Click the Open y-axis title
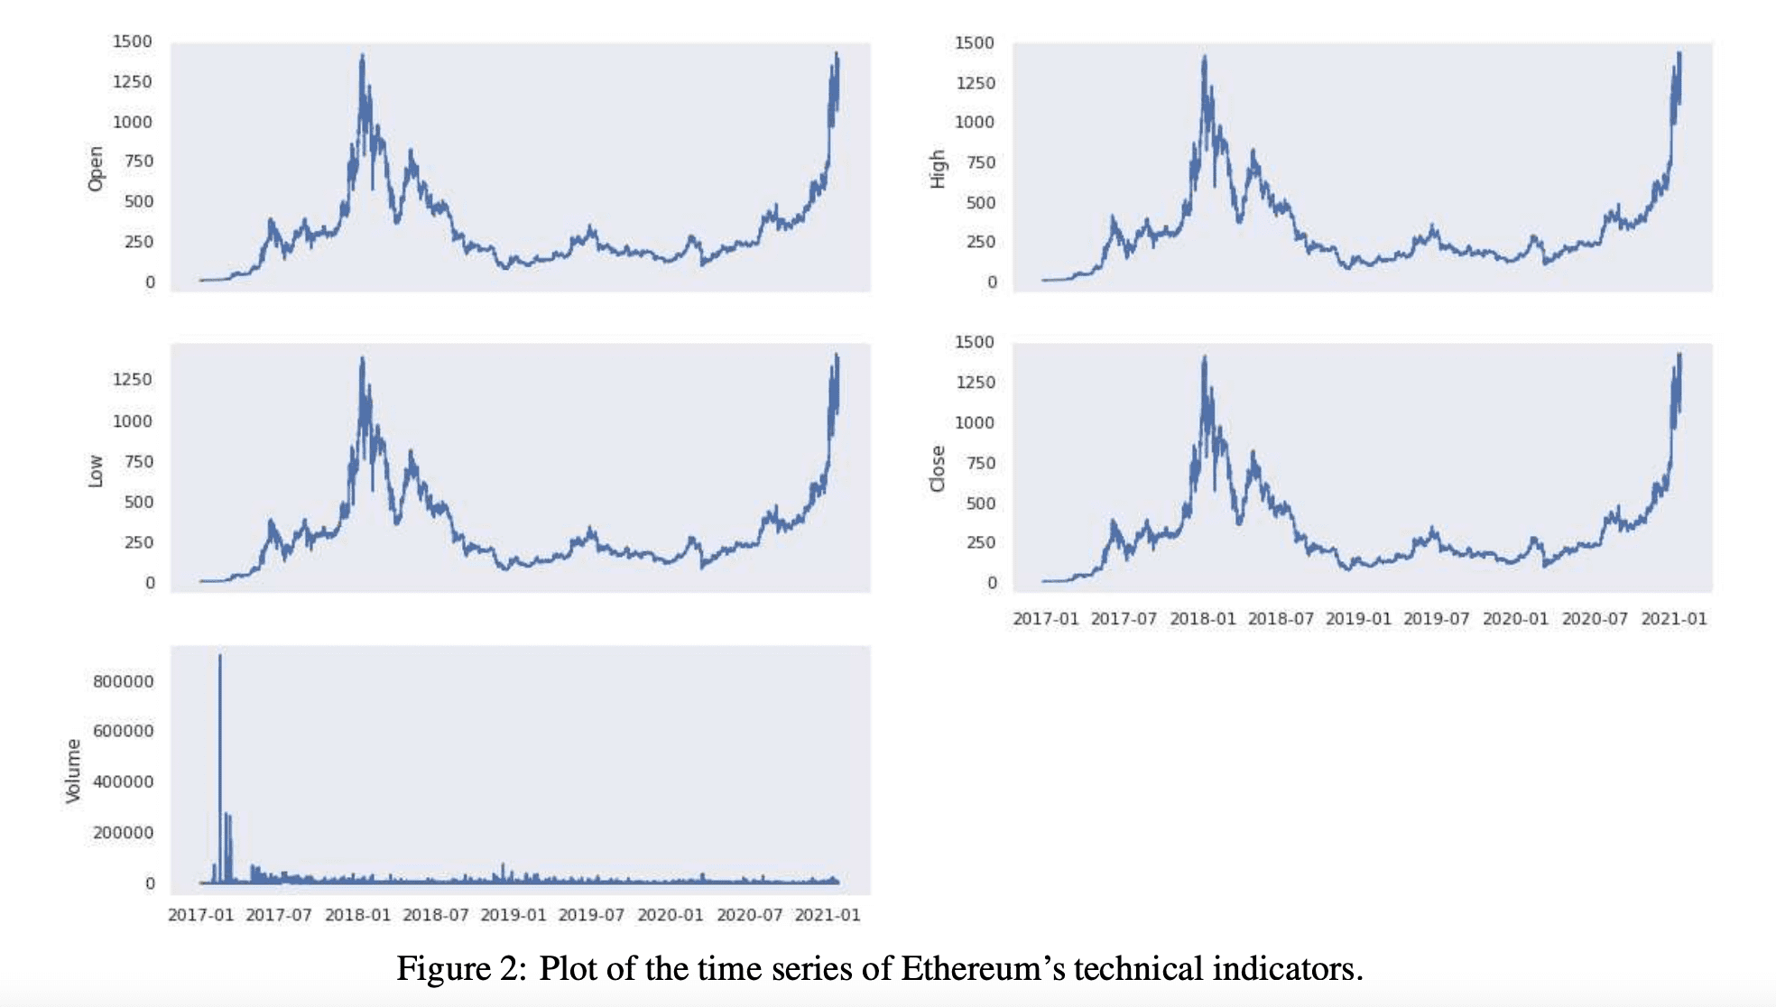(x=96, y=169)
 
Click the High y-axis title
(x=938, y=169)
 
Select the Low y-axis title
(x=96, y=471)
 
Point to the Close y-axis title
(x=938, y=469)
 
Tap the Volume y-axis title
(x=73, y=771)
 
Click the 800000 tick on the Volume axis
(x=124, y=681)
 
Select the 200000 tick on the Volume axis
(x=124, y=833)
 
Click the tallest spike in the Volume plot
(x=220, y=656)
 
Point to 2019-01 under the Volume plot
(x=513, y=915)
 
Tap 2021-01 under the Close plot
(x=1674, y=619)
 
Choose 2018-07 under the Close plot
(x=1281, y=619)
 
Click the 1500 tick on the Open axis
(x=133, y=42)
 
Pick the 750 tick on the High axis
(x=980, y=162)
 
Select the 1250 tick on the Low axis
(x=133, y=380)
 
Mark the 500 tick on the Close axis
(x=980, y=503)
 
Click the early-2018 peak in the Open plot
(x=363, y=54)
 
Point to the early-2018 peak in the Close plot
(x=1205, y=357)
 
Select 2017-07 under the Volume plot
(x=279, y=915)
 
